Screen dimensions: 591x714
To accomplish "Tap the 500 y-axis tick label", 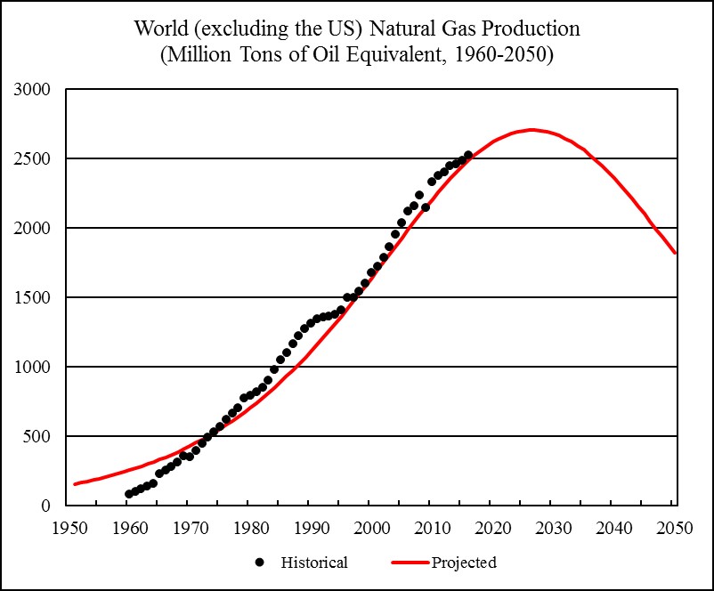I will (x=39, y=437).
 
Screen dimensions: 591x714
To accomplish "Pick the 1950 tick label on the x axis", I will (x=68, y=526).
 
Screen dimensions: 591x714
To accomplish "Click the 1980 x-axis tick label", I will (x=250, y=526).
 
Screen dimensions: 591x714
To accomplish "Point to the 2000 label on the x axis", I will (x=371, y=526).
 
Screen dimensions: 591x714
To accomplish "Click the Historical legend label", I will (x=314, y=563).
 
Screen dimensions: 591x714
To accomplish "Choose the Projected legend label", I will (x=464, y=563).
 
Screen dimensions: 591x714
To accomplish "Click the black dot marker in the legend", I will (x=259, y=563).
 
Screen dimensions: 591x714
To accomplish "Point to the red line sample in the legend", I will (x=409, y=563).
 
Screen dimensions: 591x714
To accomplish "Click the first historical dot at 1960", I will (x=129, y=494).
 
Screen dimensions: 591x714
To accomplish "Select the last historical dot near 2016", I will (x=468, y=155).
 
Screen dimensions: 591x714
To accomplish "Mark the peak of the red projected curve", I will (x=531, y=130).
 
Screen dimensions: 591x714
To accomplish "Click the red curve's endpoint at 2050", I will (x=676, y=253).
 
